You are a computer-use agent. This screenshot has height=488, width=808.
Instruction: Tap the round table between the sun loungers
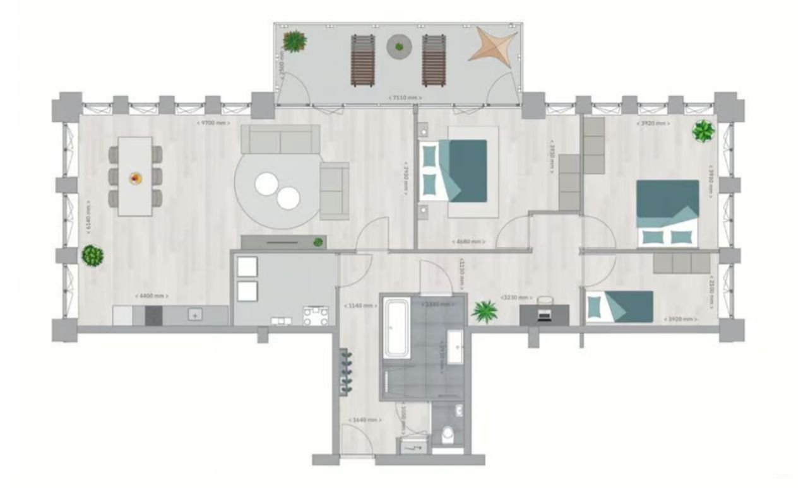tap(398, 46)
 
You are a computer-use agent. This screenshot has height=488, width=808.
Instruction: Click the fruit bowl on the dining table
tap(136, 178)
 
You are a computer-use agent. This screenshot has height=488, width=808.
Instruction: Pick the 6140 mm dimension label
tap(88, 218)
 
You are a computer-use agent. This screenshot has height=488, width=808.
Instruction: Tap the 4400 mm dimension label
tap(151, 296)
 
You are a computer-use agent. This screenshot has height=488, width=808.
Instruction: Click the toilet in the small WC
tap(449, 434)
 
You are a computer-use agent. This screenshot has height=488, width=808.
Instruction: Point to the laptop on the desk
tap(543, 314)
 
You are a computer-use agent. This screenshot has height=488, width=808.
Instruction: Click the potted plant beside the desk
tap(485, 311)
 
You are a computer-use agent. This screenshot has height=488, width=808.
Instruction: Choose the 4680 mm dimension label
tap(469, 241)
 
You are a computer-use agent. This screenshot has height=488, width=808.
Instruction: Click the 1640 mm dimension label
tap(365, 419)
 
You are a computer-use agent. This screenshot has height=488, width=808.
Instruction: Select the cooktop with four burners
tap(316, 315)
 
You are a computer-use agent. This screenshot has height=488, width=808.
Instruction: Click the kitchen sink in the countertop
tap(196, 315)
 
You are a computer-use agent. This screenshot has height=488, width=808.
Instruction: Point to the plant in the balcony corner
tap(294, 41)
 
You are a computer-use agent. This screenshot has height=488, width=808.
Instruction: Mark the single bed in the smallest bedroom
tap(619, 306)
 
